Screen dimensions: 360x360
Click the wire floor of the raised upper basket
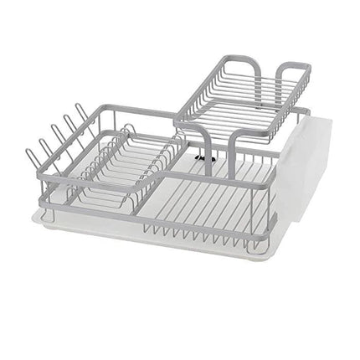[243, 109]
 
